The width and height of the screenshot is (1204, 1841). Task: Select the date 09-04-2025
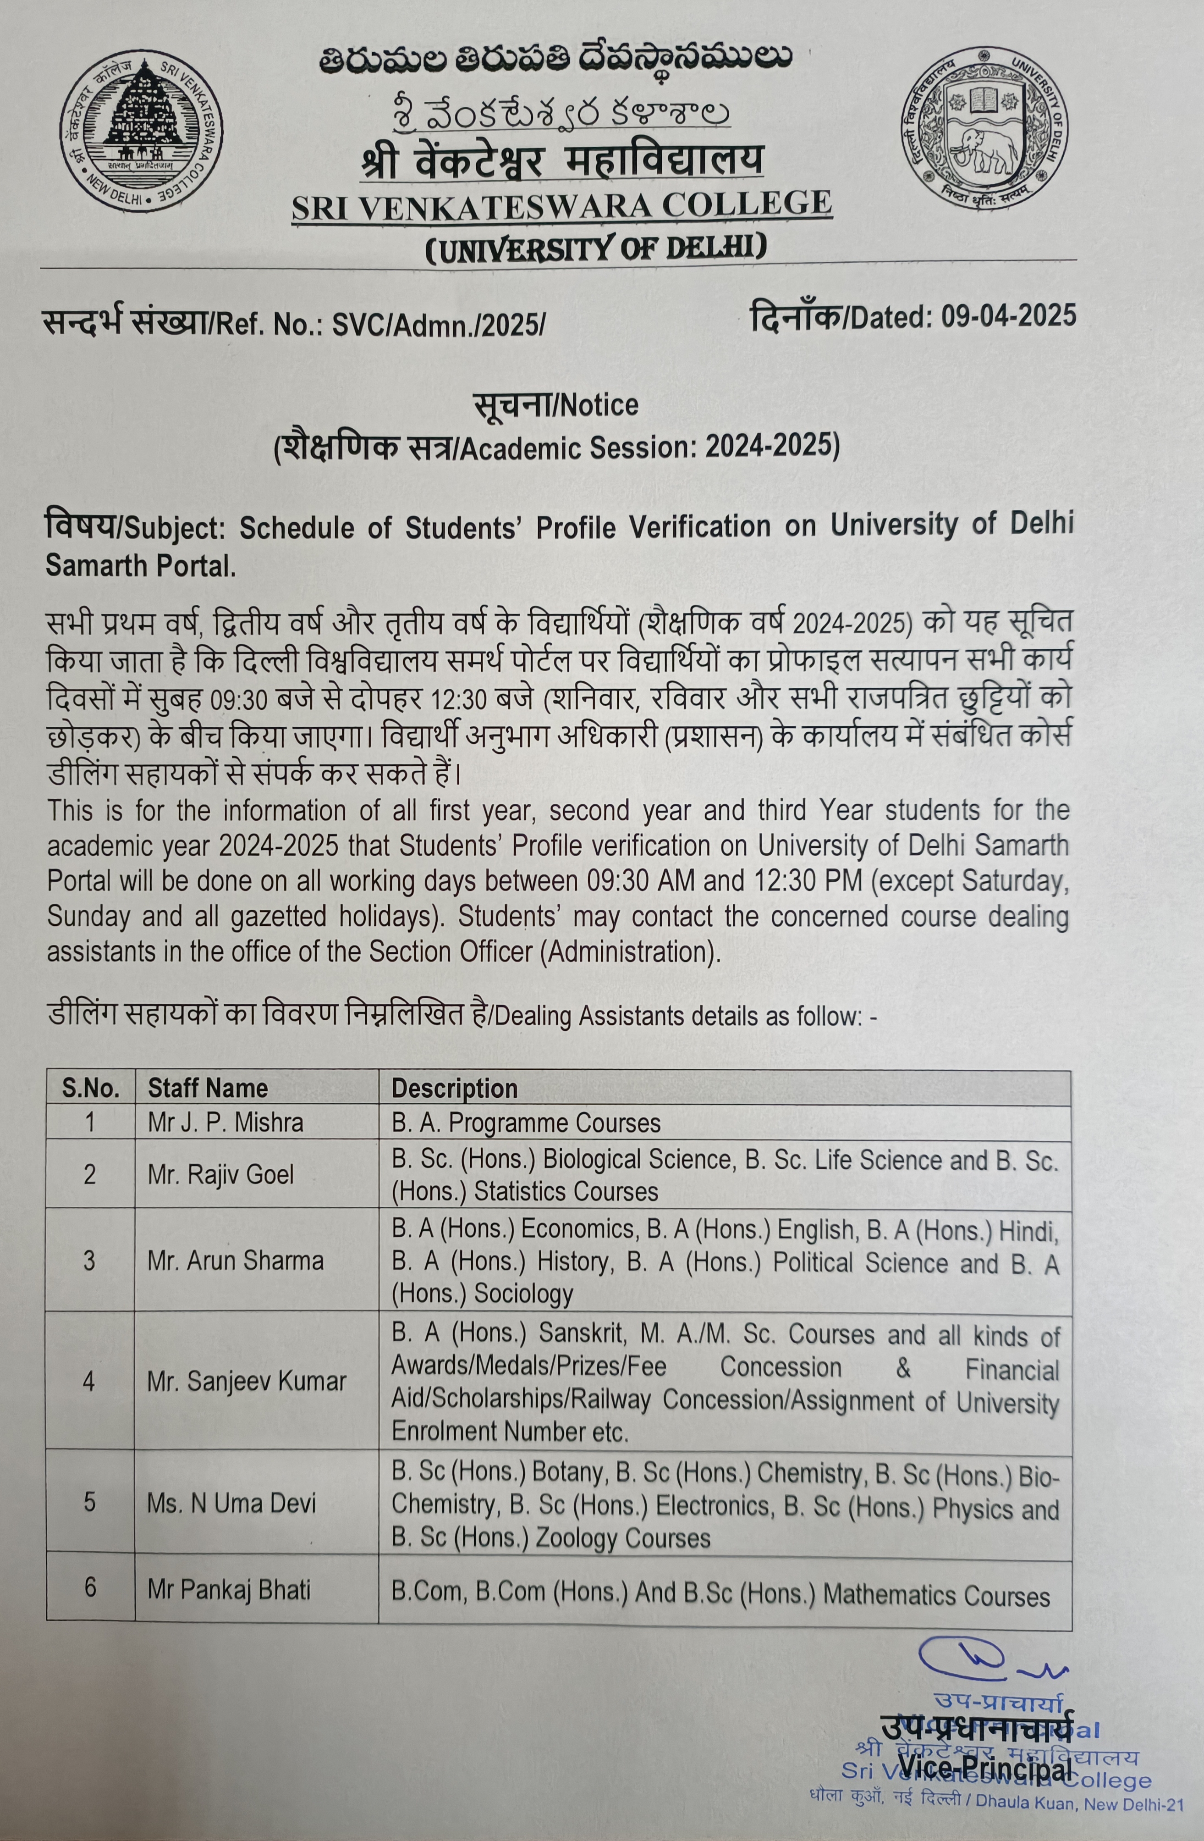click(1008, 315)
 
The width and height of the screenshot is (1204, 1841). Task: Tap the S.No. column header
click(90, 1089)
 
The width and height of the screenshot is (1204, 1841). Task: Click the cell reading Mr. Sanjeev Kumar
click(246, 1382)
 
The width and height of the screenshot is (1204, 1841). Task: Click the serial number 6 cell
click(90, 1588)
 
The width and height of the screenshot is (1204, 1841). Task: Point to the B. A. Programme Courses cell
click(526, 1123)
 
